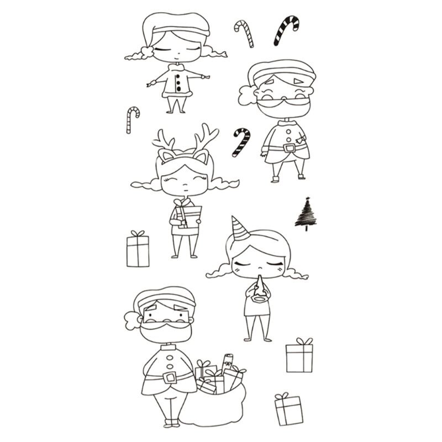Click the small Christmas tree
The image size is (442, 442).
[306, 214]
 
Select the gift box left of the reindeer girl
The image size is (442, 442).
[138, 250]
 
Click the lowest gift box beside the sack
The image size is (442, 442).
[289, 409]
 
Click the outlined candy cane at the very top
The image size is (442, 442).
[244, 32]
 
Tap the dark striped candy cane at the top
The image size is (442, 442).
[286, 30]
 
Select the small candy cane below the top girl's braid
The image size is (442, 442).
[131, 119]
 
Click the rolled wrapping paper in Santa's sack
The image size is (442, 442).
[227, 362]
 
